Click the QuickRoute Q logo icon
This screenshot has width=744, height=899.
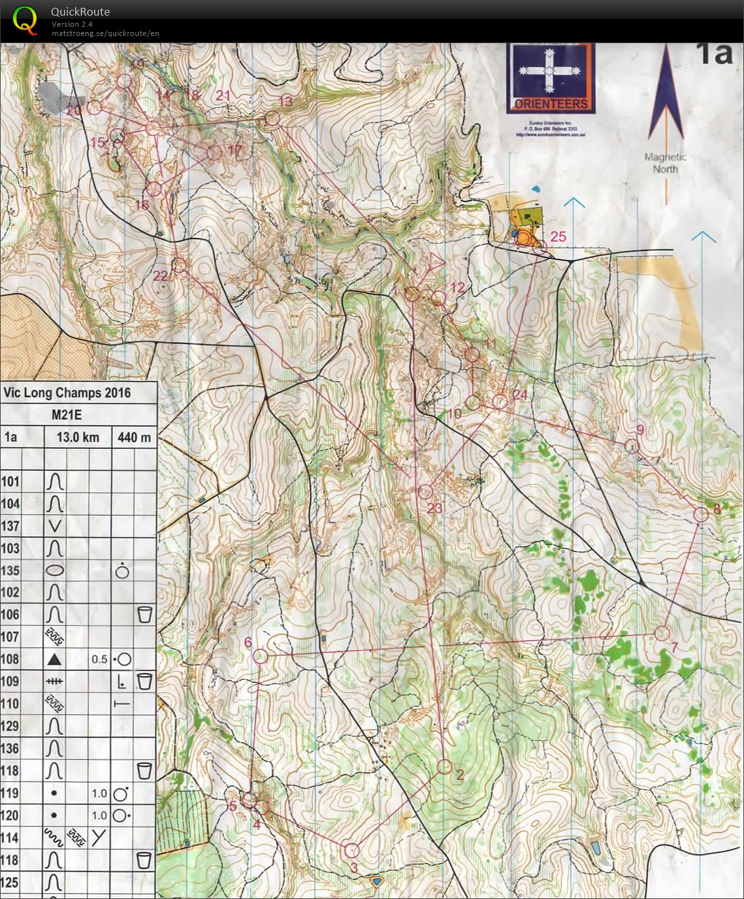(25, 20)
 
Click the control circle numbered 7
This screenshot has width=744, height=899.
(662, 633)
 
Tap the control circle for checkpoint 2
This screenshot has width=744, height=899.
(445, 766)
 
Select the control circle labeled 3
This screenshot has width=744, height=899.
(351, 850)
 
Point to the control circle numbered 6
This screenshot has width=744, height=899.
(260, 657)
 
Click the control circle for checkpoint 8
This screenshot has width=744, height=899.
(700, 514)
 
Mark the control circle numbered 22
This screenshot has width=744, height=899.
(178, 265)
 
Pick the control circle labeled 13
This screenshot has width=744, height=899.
(272, 118)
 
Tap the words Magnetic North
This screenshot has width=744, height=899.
(666, 163)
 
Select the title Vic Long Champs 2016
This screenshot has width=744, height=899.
(67, 393)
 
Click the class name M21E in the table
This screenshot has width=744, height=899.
(67, 416)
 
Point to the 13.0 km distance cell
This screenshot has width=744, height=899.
(78, 437)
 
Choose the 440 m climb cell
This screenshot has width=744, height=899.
(135, 437)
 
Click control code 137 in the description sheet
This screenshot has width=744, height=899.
(11, 526)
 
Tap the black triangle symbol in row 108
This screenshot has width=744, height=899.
(55, 659)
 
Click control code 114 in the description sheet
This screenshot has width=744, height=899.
(11, 838)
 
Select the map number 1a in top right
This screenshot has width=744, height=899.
(714, 54)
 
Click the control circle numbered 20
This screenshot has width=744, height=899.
(95, 107)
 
